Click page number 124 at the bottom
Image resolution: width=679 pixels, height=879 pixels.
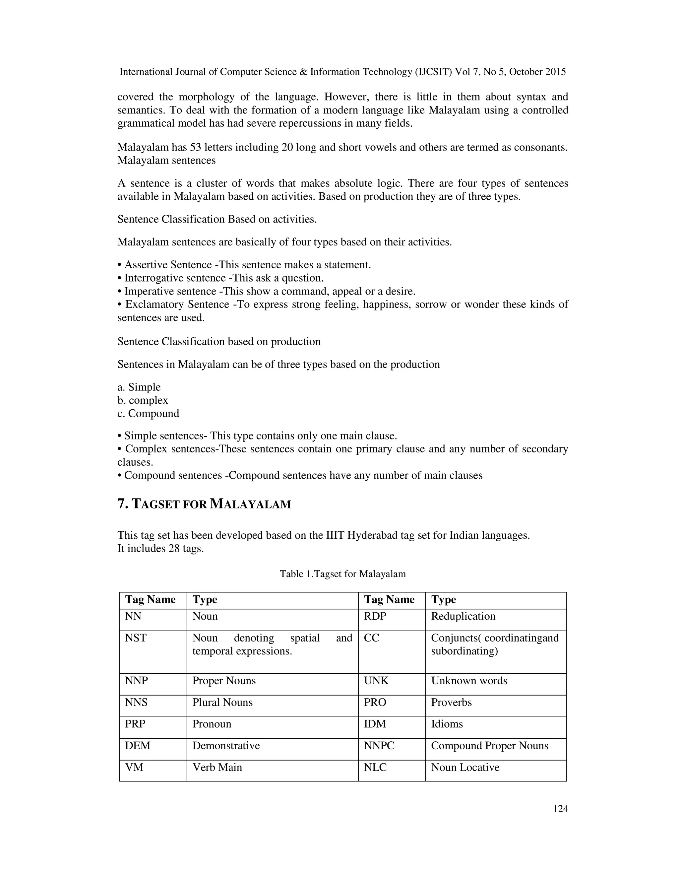560,809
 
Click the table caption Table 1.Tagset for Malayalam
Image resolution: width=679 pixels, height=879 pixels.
343,574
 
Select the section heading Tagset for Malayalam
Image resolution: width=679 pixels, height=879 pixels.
204,504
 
